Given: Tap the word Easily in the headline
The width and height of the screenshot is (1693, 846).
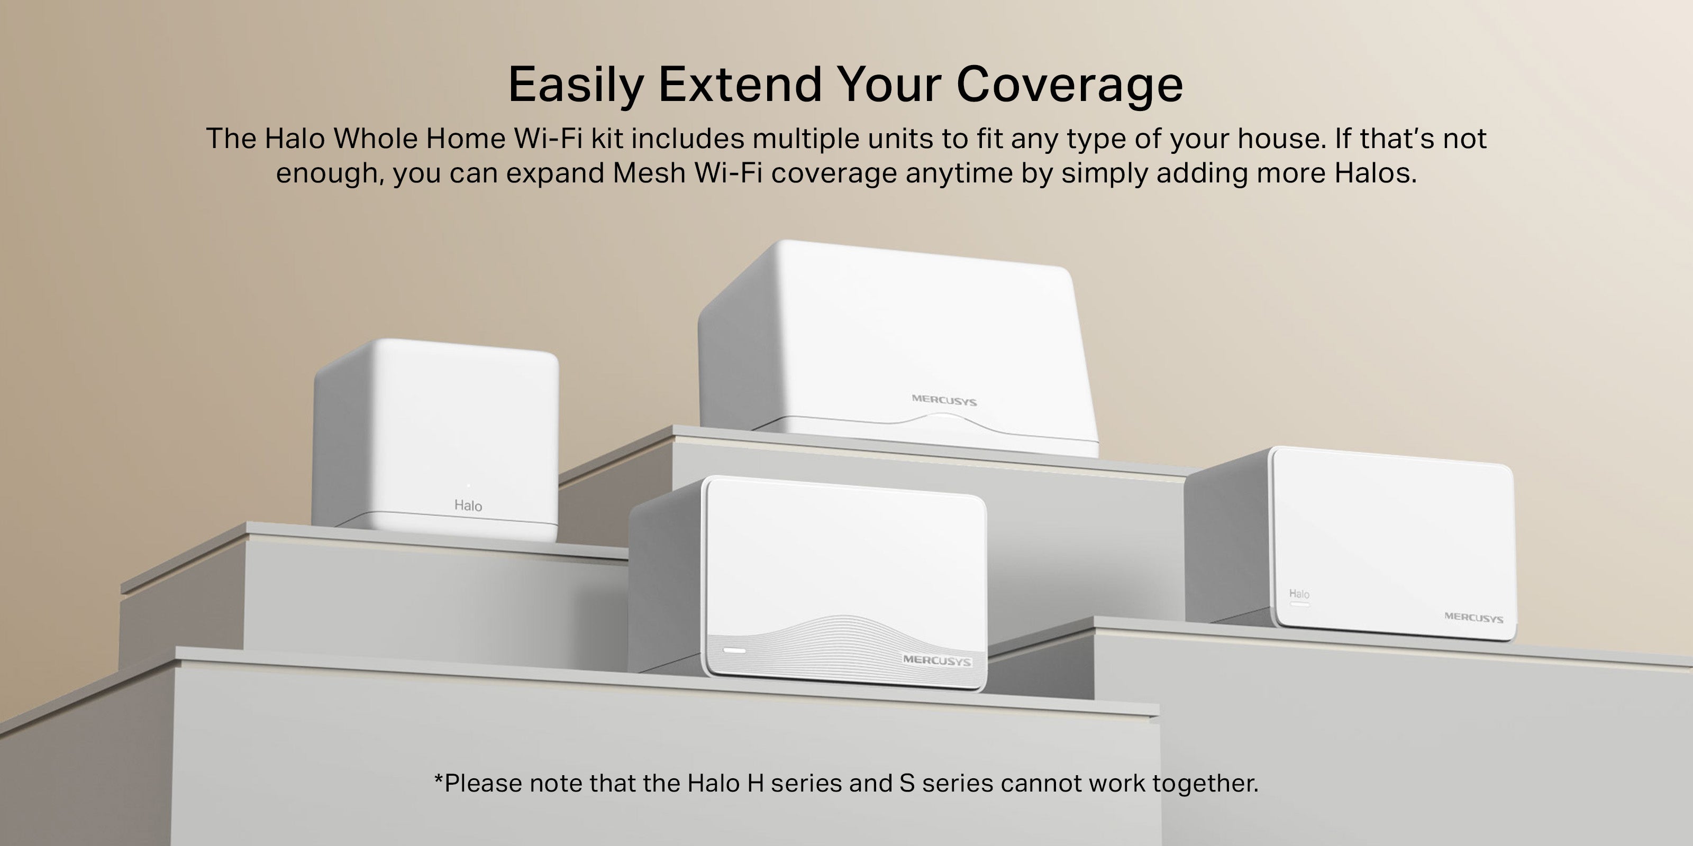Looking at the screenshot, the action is point(576,85).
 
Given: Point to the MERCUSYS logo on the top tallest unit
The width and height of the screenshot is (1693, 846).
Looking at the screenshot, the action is point(944,400).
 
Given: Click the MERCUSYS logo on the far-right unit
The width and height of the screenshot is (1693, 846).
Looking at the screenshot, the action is point(1473,618).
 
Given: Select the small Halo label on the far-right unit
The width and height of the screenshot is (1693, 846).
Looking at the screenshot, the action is point(1299,594).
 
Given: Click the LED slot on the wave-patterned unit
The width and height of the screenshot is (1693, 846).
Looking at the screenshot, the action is point(734,650).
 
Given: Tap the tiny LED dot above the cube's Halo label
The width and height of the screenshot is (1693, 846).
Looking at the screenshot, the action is point(468,485).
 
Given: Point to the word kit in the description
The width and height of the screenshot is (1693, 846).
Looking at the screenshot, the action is point(607,139).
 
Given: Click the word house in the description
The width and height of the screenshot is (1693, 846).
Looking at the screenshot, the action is point(1278,139).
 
